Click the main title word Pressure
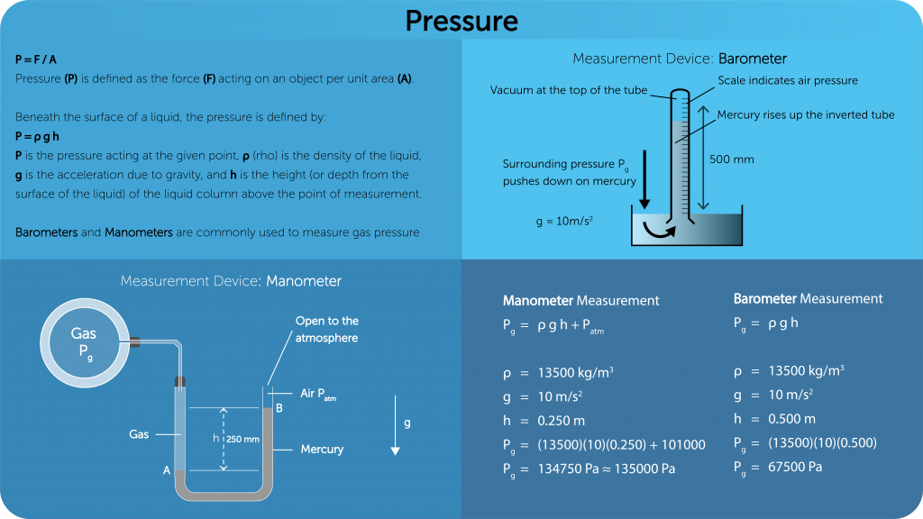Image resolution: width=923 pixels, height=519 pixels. click(461, 20)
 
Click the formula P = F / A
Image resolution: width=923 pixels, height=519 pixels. click(36, 59)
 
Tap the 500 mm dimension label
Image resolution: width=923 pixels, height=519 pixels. click(732, 159)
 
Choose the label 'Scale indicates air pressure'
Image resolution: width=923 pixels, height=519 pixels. click(788, 80)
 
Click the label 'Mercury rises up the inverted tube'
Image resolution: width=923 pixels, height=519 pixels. click(806, 114)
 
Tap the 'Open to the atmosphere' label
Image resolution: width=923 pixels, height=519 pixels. click(326, 329)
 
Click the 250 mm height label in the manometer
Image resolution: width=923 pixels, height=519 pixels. click(242, 439)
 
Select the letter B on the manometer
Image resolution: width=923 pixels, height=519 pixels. click(279, 408)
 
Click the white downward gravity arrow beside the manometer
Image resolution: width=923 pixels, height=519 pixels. click(395, 440)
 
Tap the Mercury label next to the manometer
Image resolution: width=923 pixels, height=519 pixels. click(322, 449)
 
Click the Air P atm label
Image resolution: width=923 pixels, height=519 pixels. click(317, 394)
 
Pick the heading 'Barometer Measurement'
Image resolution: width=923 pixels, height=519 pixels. click(808, 298)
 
